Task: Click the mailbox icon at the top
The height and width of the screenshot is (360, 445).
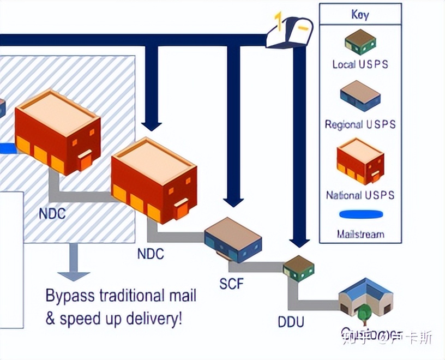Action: (290, 31)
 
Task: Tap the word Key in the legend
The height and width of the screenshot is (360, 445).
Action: (360, 15)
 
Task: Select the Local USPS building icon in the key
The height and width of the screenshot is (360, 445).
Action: (360, 42)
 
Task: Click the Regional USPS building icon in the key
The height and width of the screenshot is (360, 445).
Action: (360, 96)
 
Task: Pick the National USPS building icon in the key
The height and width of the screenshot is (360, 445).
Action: (360, 160)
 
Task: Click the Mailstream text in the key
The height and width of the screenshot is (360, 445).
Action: (360, 235)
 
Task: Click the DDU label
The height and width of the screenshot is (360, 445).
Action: (291, 322)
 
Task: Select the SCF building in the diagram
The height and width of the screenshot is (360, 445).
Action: (233, 239)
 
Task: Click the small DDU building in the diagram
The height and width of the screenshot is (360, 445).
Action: (299, 268)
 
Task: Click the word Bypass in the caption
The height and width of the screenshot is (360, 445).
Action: (69, 296)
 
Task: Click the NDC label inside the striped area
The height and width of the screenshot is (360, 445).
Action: (52, 213)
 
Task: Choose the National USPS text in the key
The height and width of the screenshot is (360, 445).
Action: (360, 195)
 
